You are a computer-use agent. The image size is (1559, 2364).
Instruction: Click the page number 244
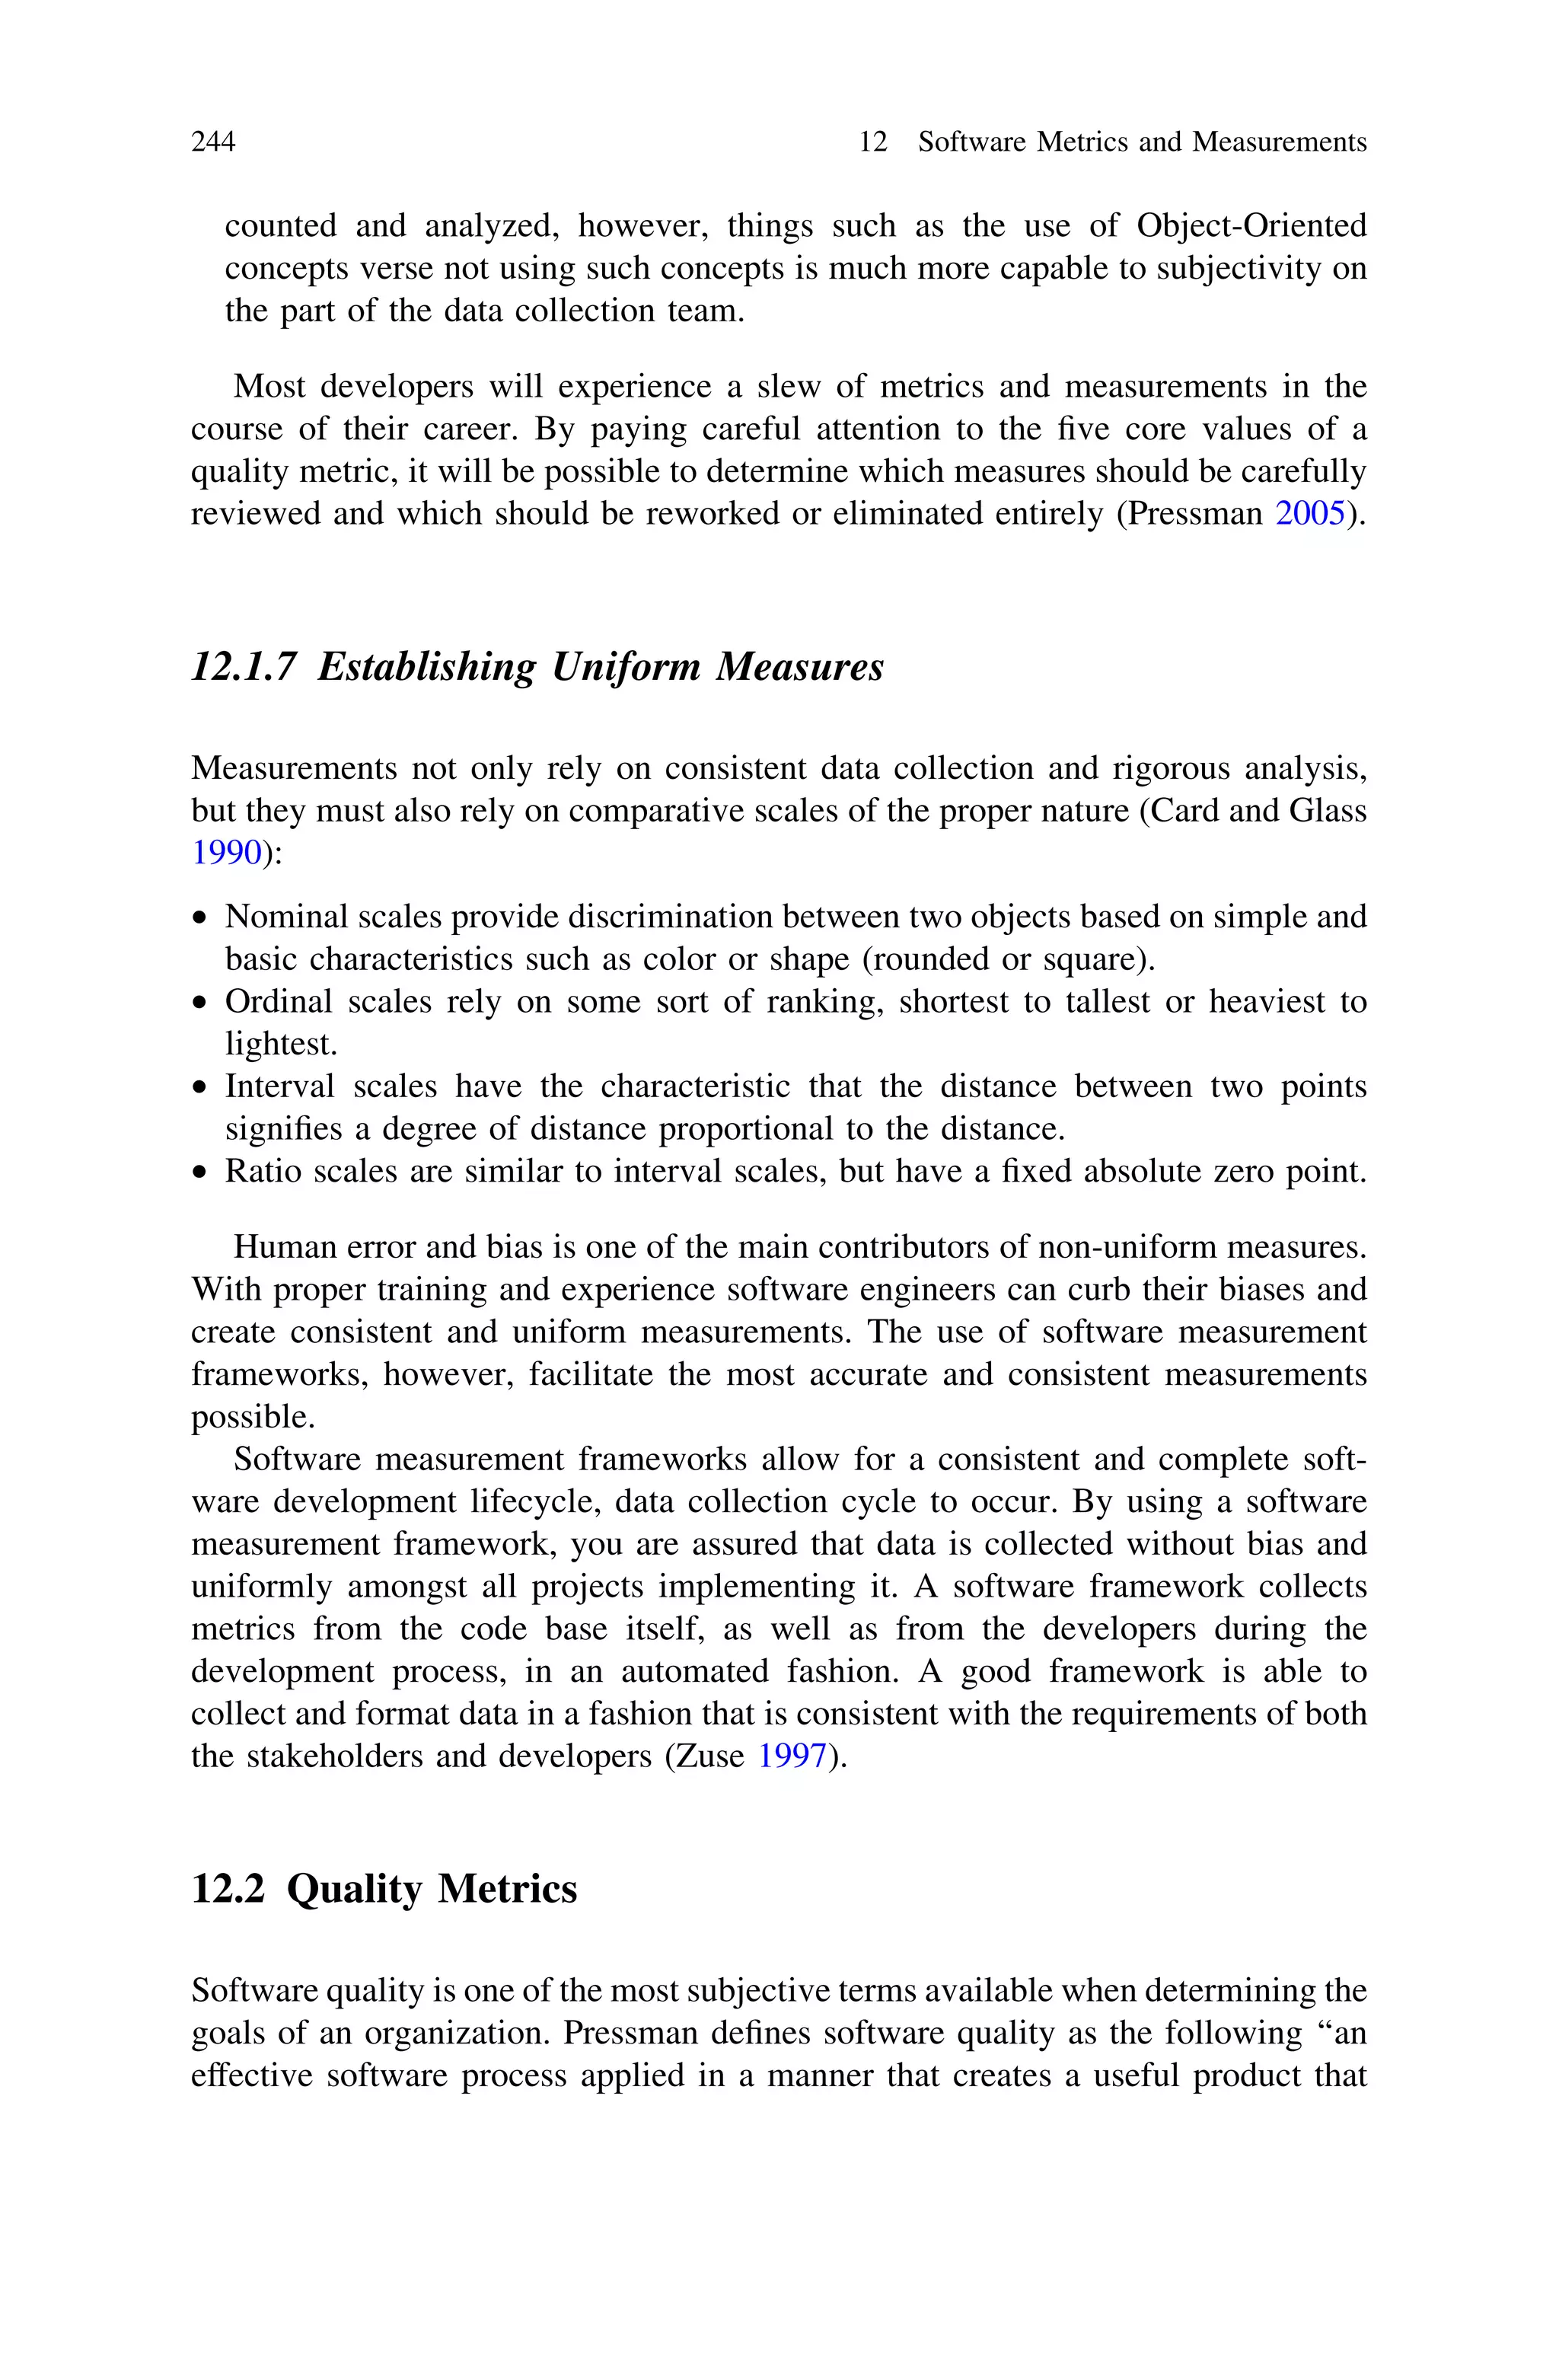pyautogui.click(x=213, y=142)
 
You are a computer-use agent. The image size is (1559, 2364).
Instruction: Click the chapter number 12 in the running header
pyautogui.click(x=872, y=142)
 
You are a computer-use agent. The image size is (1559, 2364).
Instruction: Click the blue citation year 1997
pyautogui.click(x=792, y=1756)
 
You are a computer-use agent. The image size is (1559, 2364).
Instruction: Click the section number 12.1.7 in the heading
pyautogui.click(x=244, y=666)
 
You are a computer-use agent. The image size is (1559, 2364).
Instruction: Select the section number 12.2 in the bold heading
pyautogui.click(x=228, y=1889)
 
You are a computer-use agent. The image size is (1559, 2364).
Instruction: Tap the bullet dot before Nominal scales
pyautogui.click(x=201, y=918)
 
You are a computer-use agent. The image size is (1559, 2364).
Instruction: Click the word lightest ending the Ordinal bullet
pyautogui.click(x=280, y=1044)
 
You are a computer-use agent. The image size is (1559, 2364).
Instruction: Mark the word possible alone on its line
pyautogui.click(x=251, y=1417)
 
